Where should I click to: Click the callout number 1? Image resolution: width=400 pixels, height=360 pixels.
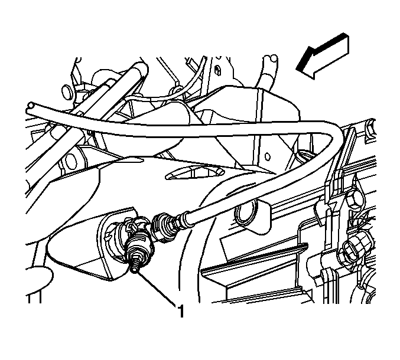[181, 310]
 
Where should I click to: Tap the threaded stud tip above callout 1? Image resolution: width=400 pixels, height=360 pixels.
[135, 268]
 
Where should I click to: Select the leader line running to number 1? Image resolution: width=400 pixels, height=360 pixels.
[155, 288]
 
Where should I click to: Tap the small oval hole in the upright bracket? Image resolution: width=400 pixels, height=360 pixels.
[267, 156]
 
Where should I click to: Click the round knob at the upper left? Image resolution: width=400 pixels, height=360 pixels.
[67, 92]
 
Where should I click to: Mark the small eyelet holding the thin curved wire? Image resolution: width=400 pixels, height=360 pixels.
[175, 90]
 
